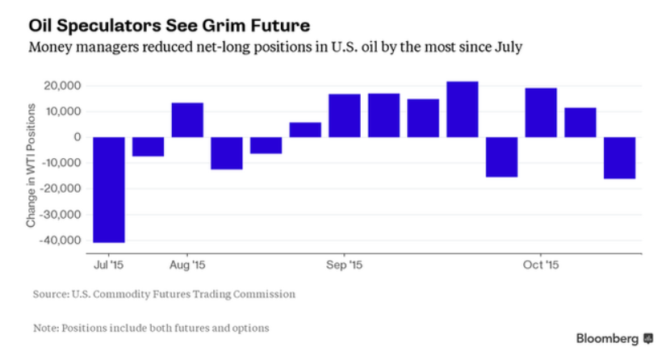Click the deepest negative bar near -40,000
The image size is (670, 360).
109,190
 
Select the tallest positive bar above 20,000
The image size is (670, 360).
463,109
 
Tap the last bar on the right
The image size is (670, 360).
620,157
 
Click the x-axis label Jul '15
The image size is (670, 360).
101,265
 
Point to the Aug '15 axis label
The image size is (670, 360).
189,265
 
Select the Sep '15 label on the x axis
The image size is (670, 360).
345,265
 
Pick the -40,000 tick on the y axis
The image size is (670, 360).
62,241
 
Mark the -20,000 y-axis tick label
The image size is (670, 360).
62,189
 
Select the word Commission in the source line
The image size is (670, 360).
264,294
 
